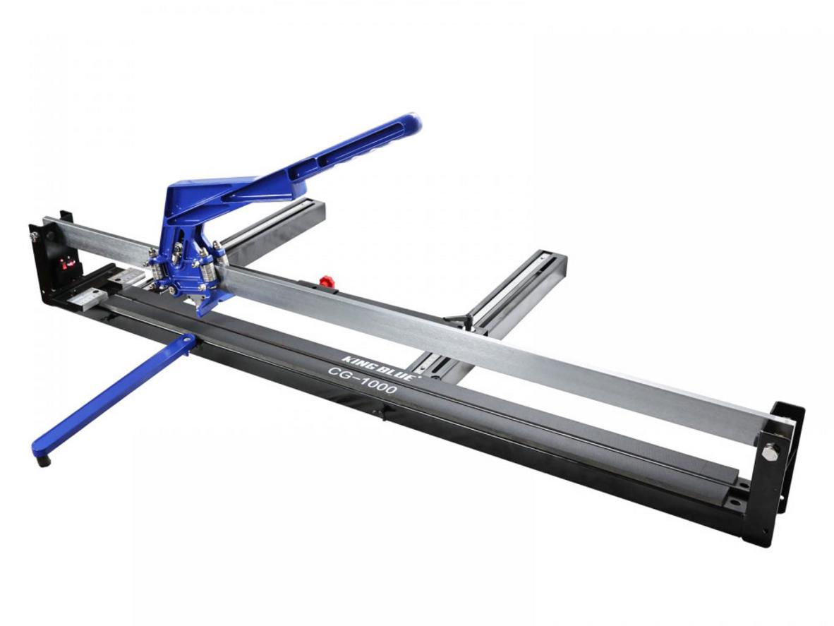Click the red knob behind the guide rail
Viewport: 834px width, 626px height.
pyautogui.click(x=326, y=280)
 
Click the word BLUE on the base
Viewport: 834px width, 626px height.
pyautogui.click(x=397, y=369)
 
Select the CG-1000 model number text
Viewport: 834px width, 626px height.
pyautogui.click(x=363, y=379)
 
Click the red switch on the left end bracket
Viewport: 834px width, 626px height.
pyautogui.click(x=68, y=263)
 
